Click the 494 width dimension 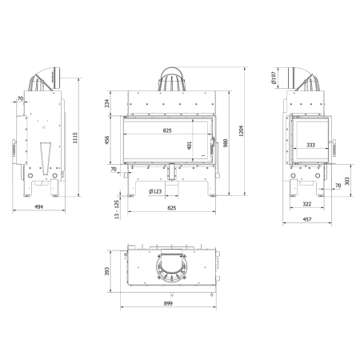click(38, 206)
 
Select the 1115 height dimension click(75, 138)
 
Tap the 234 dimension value click(106, 103)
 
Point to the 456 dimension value click(106, 140)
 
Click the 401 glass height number click(190, 146)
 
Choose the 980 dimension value click(226, 143)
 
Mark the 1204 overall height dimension click(241, 131)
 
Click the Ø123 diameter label click(155, 191)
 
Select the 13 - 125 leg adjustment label click(117, 210)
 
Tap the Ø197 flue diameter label click(274, 78)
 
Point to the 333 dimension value click(310, 145)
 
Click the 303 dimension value click(347, 181)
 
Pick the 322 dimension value click(307, 204)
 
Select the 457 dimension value click(307, 219)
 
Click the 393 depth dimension click(106, 271)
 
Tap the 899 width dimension click(168, 303)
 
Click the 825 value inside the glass click(167, 130)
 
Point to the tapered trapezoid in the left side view click(46, 158)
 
